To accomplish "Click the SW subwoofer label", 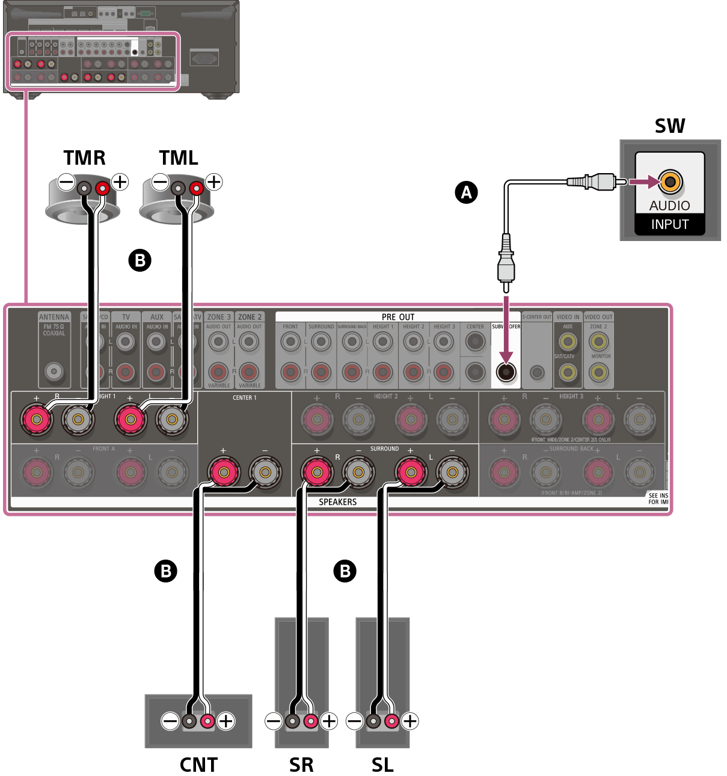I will pos(669,126).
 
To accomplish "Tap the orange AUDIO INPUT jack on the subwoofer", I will pos(670,181).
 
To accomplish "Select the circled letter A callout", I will pos(466,192).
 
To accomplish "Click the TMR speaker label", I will pos(84,157).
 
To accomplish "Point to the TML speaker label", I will pos(179,157).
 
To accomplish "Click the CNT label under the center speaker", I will pos(198,765).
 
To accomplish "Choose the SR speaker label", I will pos(301,765).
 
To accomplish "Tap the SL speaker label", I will pos(382,765).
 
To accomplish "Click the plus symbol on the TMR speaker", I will pos(120,181).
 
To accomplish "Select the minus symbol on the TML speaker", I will pos(160,181).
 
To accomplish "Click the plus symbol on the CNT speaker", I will pos(225,721).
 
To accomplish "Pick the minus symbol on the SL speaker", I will pos(355,721).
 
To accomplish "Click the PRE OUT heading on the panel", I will pos(397,317).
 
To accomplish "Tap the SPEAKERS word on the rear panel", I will pos(337,502).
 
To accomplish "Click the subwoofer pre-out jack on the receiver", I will pos(506,372).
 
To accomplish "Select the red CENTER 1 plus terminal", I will pos(224,472).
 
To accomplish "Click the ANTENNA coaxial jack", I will pos(54,371).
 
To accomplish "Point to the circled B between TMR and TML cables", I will pos(140,260).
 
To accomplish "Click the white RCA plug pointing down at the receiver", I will pos(506,264).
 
